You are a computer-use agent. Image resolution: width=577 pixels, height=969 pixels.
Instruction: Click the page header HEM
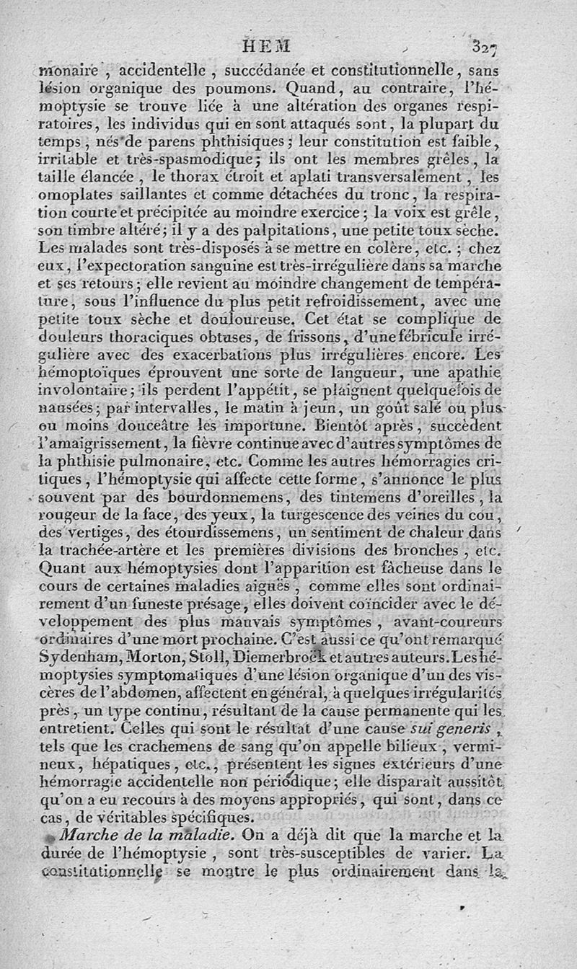click(x=267, y=47)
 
